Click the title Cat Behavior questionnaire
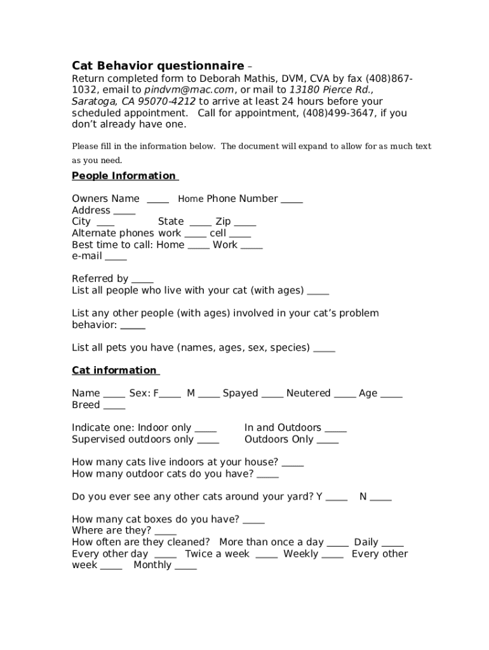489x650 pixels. click(157, 66)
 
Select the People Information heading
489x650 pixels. click(124, 176)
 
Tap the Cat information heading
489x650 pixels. click(115, 370)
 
